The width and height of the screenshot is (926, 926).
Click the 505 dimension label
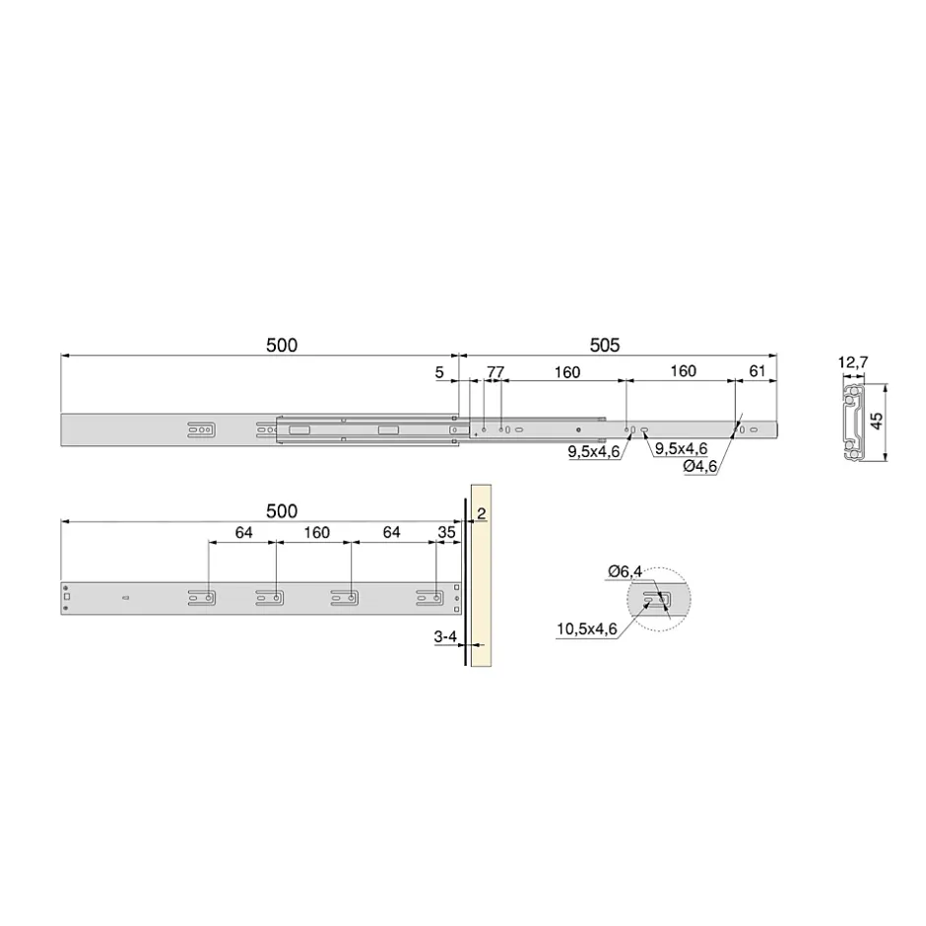coord(605,345)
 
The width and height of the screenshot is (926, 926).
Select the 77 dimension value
coord(496,372)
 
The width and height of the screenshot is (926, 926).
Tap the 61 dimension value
coord(758,370)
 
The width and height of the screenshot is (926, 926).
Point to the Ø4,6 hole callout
coord(700,466)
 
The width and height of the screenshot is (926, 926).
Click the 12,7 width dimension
coord(853,362)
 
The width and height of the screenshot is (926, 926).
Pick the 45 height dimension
coord(877,421)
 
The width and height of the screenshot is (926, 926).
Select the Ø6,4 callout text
coord(625,571)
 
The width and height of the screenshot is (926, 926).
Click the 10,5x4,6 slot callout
coord(586,628)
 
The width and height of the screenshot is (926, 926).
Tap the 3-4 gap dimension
coord(445,636)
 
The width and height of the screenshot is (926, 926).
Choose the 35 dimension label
coord(446,532)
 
